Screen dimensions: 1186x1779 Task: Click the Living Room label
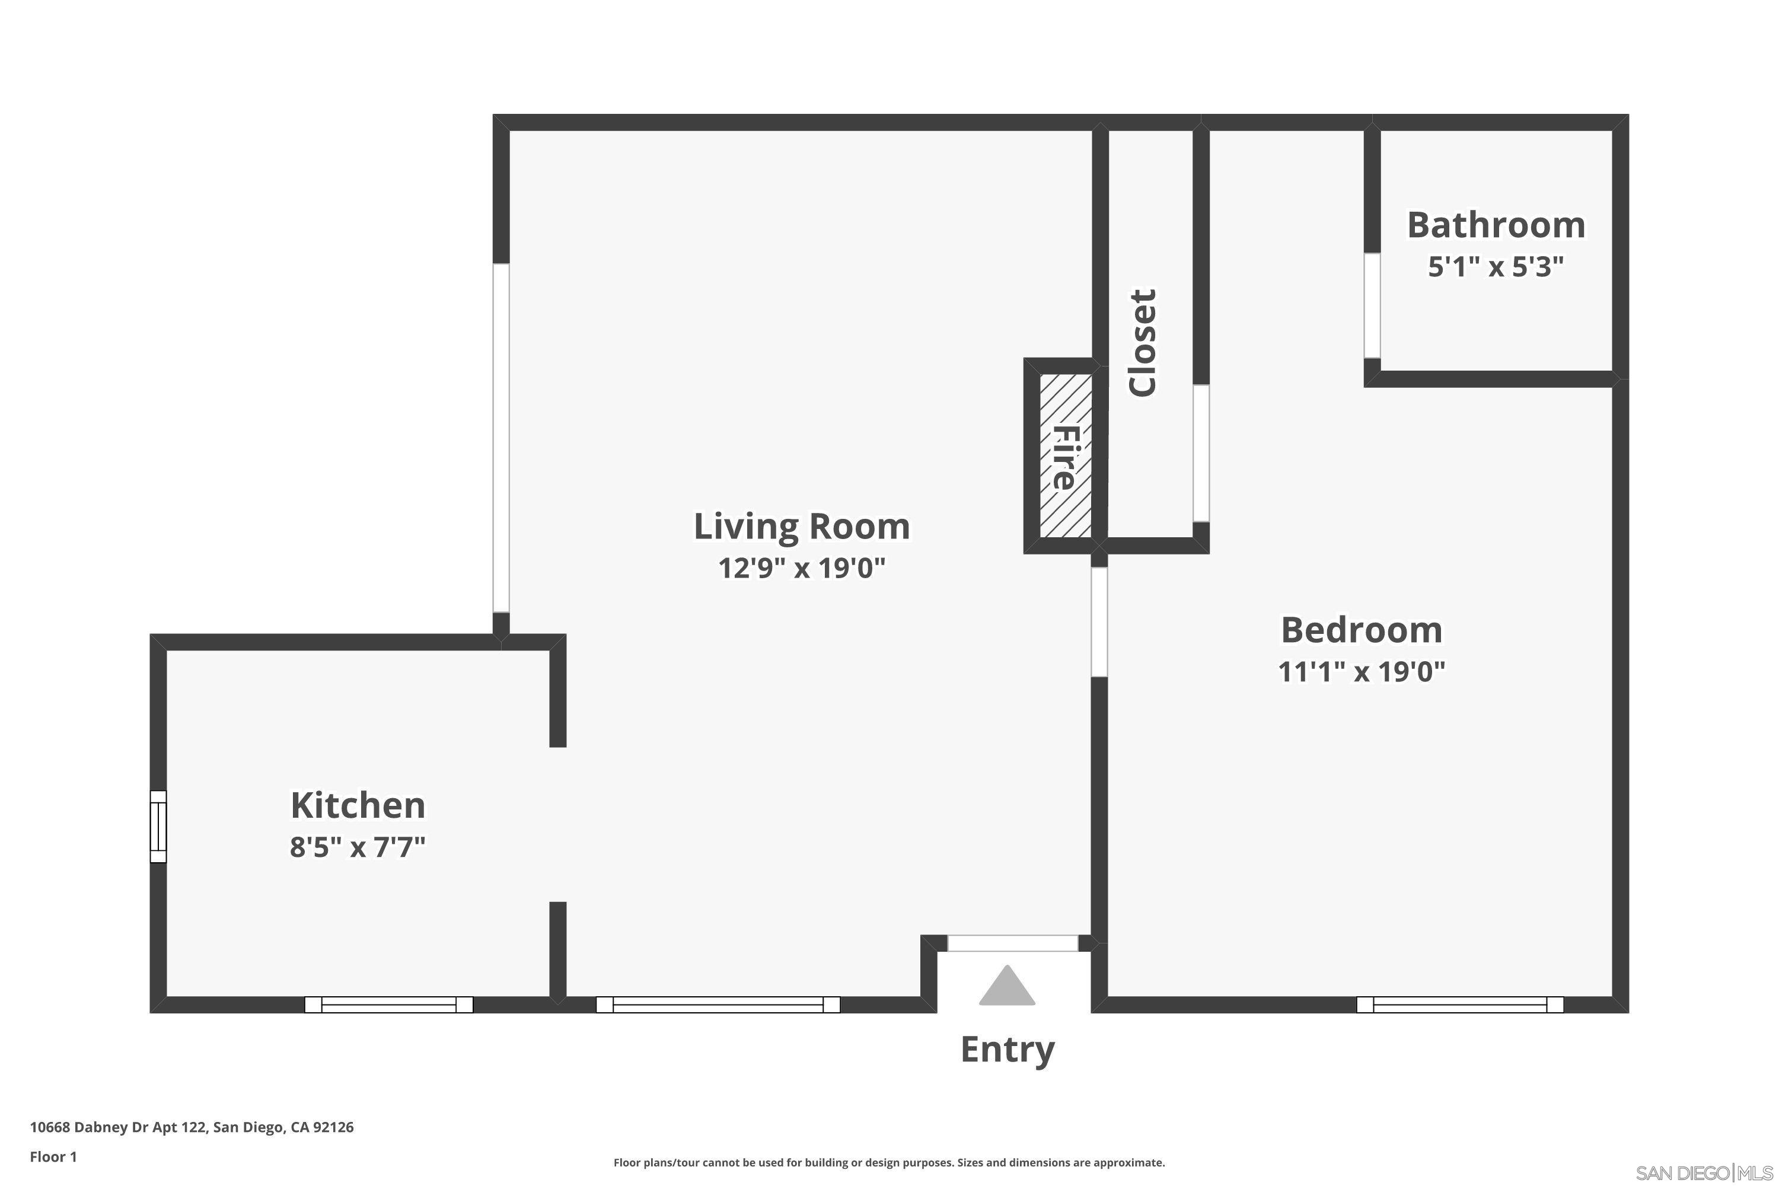click(802, 527)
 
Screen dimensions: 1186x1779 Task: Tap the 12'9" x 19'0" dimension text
click(802, 568)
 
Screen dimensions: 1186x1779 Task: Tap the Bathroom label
click(1496, 225)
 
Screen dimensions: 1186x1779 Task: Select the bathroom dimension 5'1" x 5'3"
click(1496, 266)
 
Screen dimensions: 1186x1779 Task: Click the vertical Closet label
click(1142, 343)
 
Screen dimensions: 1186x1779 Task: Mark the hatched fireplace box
click(1065, 455)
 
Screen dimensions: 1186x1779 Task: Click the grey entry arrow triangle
click(1007, 986)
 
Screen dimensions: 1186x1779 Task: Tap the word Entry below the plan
click(1007, 1049)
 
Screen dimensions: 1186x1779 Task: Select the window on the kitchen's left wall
click(158, 827)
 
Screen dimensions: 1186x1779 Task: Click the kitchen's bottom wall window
click(389, 1005)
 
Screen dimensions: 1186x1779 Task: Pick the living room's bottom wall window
click(718, 1005)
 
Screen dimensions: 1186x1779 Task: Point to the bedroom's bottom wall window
click(1460, 1005)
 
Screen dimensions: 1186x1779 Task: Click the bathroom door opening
click(1372, 305)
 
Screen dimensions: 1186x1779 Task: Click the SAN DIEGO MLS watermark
click(1705, 1173)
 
